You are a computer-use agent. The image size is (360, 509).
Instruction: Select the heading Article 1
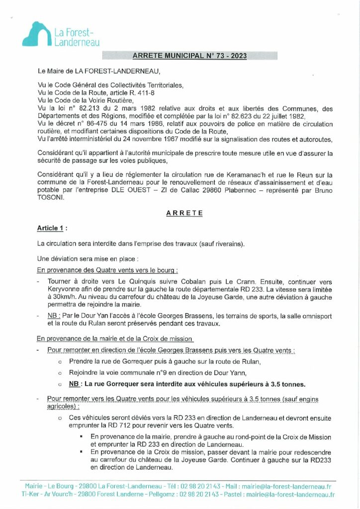[50, 228]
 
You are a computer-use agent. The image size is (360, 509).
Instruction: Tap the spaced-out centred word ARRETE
[184, 212]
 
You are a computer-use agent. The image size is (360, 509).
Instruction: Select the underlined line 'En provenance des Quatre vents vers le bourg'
[107, 270]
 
